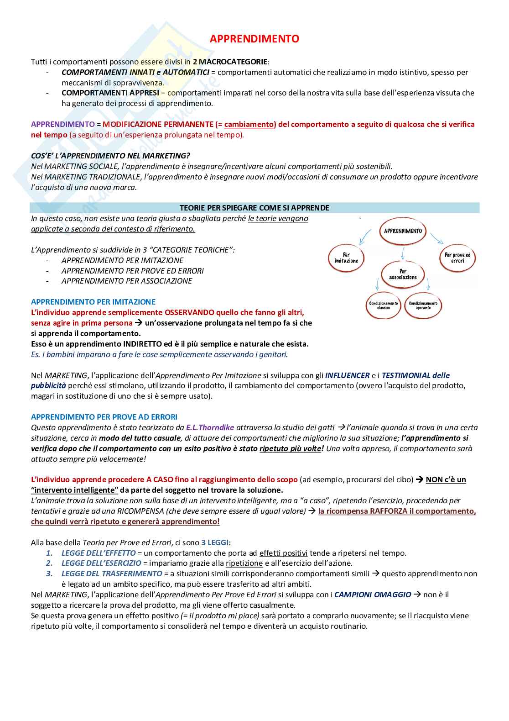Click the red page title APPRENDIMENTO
tap(254, 39)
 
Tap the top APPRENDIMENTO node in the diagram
tap(403, 231)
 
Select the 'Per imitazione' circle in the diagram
tap(346, 258)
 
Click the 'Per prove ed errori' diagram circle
tap(457, 258)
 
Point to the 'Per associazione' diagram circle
tap(403, 274)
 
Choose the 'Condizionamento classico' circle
tap(384, 305)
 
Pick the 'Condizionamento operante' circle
tap(423, 305)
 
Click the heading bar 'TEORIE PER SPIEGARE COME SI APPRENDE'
tap(254, 208)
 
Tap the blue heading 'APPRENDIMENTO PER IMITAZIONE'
tap(93, 302)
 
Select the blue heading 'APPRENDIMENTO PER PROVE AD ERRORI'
tap(104, 417)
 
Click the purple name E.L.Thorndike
tap(210, 427)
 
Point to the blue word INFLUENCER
tap(347, 375)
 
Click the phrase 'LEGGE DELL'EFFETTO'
tap(99, 553)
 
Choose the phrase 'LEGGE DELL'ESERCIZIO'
tap(101, 563)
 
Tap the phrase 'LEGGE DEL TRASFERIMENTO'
tap(112, 574)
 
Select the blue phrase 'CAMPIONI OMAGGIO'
tap(373, 595)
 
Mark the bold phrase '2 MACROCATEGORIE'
tap(230, 62)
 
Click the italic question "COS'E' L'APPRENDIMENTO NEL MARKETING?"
tap(110, 156)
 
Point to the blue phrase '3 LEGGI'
tap(215, 542)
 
